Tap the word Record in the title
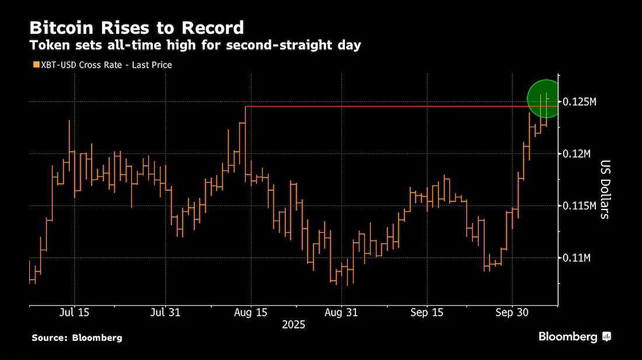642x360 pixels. (x=213, y=28)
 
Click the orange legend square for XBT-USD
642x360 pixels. (x=36, y=65)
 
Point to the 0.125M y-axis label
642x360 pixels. (x=580, y=102)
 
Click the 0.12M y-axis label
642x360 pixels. (x=577, y=154)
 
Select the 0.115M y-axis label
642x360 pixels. (x=580, y=206)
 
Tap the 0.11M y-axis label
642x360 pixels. (x=577, y=258)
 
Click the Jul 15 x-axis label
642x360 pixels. (x=74, y=313)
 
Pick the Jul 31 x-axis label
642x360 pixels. (x=165, y=313)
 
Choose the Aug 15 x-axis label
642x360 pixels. (x=250, y=313)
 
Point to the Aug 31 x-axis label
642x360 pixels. (x=341, y=313)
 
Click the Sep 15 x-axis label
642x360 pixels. (x=427, y=313)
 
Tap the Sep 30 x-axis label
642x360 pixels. (x=512, y=313)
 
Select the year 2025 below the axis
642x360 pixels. (x=294, y=325)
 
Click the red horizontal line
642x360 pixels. (x=402, y=106)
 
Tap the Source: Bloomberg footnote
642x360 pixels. (x=77, y=338)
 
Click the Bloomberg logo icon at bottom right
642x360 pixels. (x=607, y=337)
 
